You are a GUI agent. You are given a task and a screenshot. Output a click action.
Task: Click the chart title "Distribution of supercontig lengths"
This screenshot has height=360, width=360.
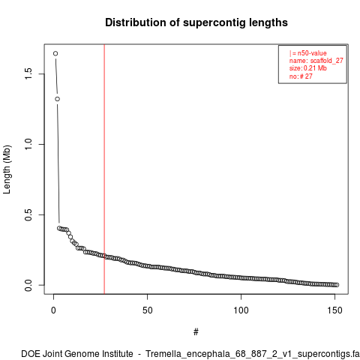coord(196,22)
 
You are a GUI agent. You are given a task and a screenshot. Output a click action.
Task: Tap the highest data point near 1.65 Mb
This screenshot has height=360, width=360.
coord(55,53)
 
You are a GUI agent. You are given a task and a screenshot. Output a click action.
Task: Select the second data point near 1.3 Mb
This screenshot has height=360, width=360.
coord(58,99)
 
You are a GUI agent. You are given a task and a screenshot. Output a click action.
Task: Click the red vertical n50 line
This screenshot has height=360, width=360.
coord(104,169)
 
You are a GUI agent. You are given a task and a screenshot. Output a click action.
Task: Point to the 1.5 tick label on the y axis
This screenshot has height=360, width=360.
coord(28,73)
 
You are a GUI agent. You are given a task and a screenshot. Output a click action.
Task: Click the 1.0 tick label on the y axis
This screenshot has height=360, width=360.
coord(28,144)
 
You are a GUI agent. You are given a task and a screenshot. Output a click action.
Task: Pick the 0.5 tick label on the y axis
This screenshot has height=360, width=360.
coord(28,214)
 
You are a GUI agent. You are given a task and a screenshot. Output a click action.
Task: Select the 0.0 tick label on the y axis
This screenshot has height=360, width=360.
coord(28,285)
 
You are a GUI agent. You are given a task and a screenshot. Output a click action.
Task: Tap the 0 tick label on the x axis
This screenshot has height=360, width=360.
coord(53,310)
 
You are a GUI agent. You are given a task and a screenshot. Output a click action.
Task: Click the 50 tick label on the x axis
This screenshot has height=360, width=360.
coord(147,310)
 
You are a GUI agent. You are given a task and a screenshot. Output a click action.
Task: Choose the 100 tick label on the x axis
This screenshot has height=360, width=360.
coord(241,310)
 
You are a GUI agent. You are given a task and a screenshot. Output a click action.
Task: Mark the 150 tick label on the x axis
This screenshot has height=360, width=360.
coord(334,310)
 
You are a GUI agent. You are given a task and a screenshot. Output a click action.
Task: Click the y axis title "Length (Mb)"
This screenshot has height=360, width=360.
coord(7,169)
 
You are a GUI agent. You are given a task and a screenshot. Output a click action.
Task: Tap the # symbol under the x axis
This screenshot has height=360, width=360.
coord(196,332)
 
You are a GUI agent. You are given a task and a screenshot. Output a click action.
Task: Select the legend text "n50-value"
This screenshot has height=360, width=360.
coord(312,53)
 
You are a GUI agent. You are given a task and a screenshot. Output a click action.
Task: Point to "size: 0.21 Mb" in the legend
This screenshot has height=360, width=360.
coord(308,68)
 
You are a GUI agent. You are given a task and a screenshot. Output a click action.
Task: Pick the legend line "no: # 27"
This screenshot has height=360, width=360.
coord(301,76)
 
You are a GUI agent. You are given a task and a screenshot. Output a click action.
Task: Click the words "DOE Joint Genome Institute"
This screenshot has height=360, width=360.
coord(77,354)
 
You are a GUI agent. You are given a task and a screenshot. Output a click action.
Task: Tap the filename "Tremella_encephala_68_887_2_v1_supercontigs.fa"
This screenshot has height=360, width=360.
coord(253,354)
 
